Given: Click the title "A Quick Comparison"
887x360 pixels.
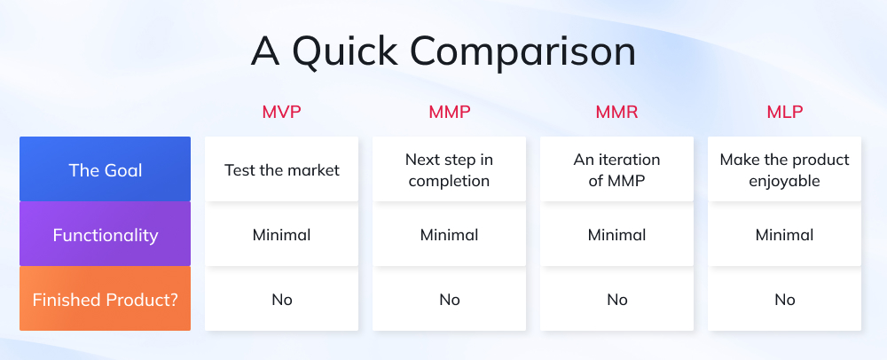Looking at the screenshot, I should [x=443, y=51].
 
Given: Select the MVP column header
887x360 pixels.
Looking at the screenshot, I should [x=282, y=113].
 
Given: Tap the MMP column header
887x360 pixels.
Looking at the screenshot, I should [x=449, y=113].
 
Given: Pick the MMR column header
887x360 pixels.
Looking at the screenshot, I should [x=616, y=113].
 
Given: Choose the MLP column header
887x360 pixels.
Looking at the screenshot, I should [x=784, y=113].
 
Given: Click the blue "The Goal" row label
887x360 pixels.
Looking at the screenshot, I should [x=105, y=169].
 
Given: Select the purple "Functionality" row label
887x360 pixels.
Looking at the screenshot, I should [x=105, y=235].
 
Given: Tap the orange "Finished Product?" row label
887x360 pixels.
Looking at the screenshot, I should [x=105, y=300].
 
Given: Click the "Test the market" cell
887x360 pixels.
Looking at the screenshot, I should [x=282, y=169].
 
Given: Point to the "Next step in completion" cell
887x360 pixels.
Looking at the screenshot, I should [x=449, y=169].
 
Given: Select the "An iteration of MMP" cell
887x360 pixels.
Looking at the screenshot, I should [x=616, y=169].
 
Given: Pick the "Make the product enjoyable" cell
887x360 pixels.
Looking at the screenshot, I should [x=784, y=169].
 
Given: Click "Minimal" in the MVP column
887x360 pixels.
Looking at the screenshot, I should [x=282, y=235].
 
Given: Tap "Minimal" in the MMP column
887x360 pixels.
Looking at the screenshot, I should [x=449, y=235].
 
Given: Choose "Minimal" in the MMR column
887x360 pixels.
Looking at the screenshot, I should [x=616, y=235].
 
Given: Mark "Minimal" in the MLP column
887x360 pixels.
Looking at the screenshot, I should [x=784, y=235].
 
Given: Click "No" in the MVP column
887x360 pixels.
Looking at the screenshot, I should [x=282, y=300].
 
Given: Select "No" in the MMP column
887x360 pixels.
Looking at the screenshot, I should [x=449, y=300].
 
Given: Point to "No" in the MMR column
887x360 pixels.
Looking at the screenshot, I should [x=616, y=300].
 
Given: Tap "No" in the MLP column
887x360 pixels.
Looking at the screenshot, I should [x=784, y=300].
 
